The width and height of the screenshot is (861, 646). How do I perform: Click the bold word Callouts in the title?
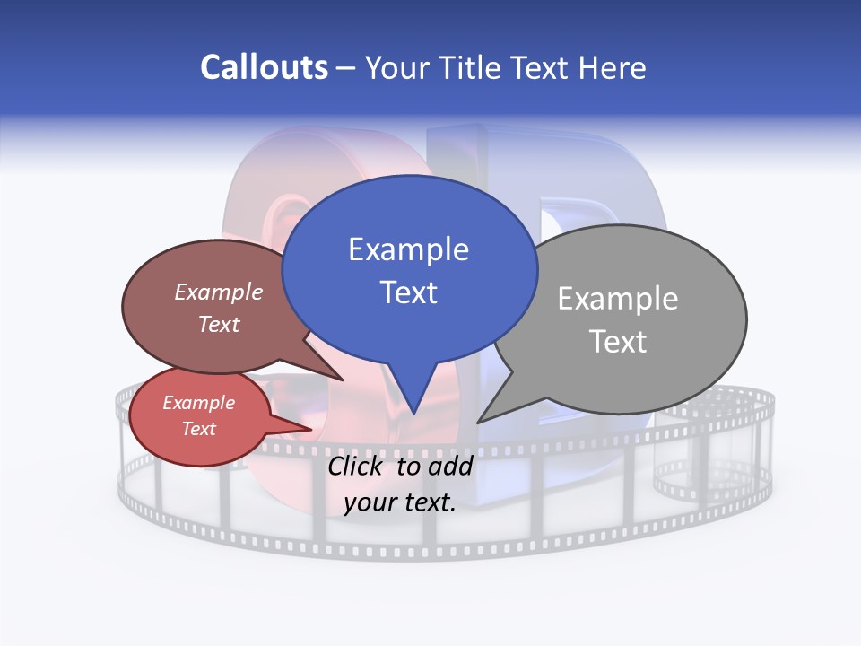coord(264,67)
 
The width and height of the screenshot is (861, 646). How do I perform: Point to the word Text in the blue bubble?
coord(408,292)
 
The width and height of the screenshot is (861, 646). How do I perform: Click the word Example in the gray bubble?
coord(618,299)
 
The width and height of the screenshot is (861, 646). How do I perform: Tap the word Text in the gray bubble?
coord(618,342)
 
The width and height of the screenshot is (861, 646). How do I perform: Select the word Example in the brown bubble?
coord(219,292)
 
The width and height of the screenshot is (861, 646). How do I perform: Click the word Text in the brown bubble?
coord(219,324)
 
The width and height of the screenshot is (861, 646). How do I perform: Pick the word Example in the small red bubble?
coord(198,403)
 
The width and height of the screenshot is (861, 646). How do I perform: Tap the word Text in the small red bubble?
coord(198,429)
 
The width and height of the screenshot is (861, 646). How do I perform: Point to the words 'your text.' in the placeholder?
coord(400,502)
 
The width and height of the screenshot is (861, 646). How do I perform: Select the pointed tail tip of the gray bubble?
coord(478,422)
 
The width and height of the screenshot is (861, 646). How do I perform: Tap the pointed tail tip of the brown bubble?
coord(342,380)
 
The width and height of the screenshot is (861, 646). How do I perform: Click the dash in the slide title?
coord(347,67)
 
